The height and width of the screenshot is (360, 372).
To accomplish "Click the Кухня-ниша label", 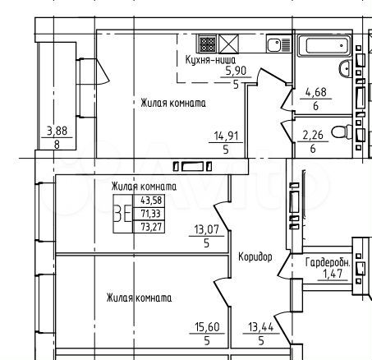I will coord(210,60).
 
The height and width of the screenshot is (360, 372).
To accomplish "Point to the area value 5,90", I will coord(236,72).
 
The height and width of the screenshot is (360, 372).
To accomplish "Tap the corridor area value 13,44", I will coord(260,326).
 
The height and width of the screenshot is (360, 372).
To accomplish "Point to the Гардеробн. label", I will coord(328,263).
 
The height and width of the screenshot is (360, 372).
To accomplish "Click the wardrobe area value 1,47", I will coord(332,274).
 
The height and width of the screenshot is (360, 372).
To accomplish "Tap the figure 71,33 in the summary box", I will coord(151,213).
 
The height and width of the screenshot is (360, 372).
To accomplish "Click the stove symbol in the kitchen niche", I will coord(207,43).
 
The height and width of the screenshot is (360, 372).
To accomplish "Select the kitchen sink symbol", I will coord(279,44).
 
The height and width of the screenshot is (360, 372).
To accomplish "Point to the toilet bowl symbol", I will coord(346,132).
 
